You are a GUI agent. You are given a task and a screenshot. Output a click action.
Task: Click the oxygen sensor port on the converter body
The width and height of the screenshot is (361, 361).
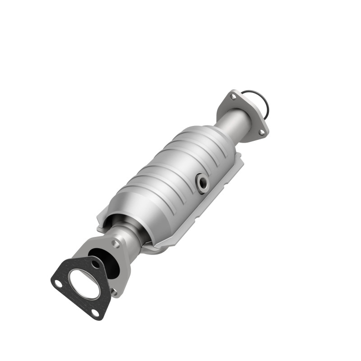203,182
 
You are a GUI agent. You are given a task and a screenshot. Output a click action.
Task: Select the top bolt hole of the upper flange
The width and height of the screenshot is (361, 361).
233,96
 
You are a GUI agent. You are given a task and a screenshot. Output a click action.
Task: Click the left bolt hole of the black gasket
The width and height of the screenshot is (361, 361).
58,283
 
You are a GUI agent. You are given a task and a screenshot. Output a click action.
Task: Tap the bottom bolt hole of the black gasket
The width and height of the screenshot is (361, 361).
95,313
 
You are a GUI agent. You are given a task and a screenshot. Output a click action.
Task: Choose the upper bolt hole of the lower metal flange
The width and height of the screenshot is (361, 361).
116,243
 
